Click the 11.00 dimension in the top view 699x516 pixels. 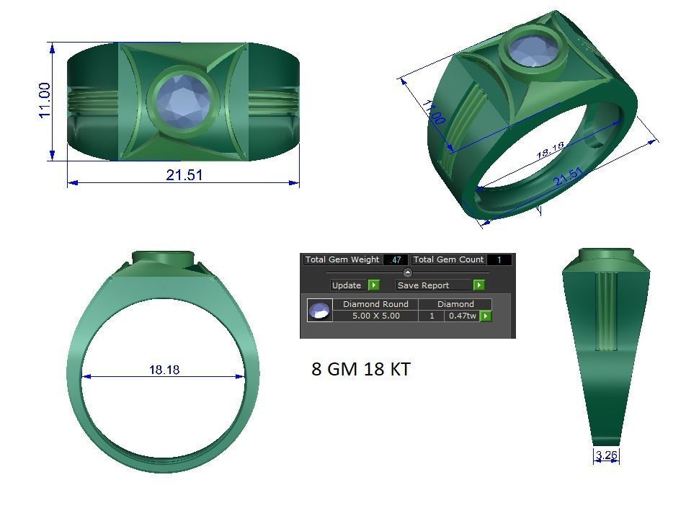point(45,100)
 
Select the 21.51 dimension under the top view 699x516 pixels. point(184,174)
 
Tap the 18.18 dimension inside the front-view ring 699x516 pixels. point(164,370)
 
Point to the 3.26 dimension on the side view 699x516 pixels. point(607,455)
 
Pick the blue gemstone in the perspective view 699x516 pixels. point(533,50)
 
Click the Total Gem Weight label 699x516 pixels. point(342,259)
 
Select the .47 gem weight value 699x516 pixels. point(395,259)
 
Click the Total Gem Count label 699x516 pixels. point(448,259)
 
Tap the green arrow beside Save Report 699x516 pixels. point(478,285)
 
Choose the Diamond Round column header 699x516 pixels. point(375,304)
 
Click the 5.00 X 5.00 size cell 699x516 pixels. point(375,316)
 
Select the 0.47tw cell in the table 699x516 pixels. point(461,316)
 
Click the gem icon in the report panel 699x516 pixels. point(319,311)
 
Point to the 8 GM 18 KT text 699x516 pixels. point(361,369)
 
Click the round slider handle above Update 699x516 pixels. point(407,272)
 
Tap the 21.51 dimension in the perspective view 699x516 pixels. point(569,177)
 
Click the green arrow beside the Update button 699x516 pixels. point(373,285)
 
